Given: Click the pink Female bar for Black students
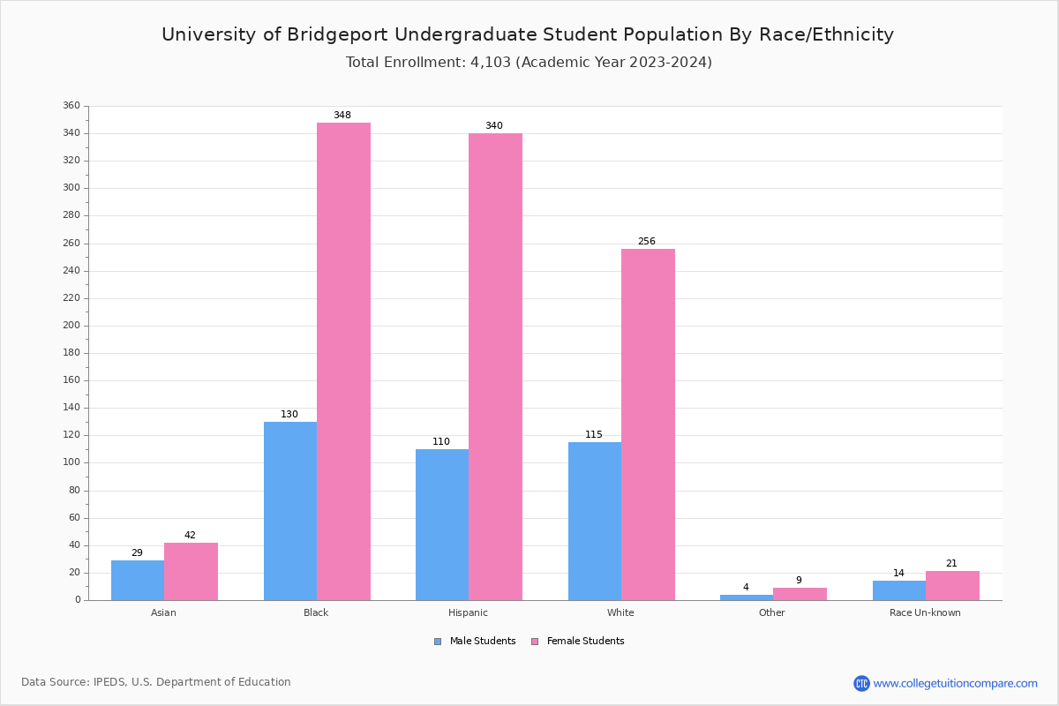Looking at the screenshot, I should click(x=343, y=361).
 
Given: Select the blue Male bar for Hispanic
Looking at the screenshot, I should click(x=442, y=524).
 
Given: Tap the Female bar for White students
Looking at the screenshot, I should click(x=648, y=424).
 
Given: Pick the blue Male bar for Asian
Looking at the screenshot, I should click(x=138, y=580).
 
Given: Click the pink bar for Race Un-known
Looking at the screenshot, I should click(x=952, y=585).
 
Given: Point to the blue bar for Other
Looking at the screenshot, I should click(x=746, y=597).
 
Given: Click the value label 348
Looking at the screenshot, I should click(x=342, y=116).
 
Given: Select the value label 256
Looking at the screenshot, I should click(x=647, y=242).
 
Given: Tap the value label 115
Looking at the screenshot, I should click(x=594, y=435).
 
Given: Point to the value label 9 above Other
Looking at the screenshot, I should click(x=799, y=581).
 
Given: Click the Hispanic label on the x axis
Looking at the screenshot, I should click(x=468, y=612).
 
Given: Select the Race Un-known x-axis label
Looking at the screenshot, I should click(x=925, y=612).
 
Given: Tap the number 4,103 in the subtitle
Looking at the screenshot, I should click(x=487, y=63).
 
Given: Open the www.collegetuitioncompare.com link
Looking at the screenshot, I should click(x=955, y=683).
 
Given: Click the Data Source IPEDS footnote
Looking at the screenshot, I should click(x=156, y=682).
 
